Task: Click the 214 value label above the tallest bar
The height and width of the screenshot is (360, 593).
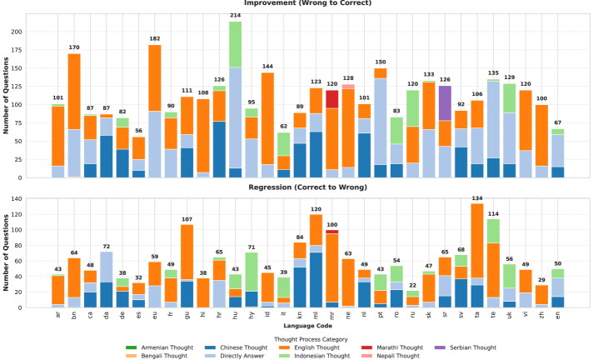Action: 235,16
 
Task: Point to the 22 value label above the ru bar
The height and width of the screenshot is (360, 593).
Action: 413,286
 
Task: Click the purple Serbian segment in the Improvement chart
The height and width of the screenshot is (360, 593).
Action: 445,102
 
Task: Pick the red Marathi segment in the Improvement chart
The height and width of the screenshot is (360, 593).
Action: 332,99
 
